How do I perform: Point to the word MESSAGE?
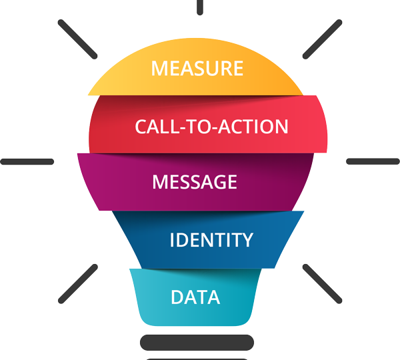click(195, 182)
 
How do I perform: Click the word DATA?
click(195, 297)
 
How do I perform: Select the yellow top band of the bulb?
click(120, 80)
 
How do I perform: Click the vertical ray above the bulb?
click(199, 7)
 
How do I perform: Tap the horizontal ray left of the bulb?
click(27, 162)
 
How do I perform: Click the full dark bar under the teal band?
click(197, 342)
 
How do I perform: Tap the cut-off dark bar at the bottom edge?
click(197, 358)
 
